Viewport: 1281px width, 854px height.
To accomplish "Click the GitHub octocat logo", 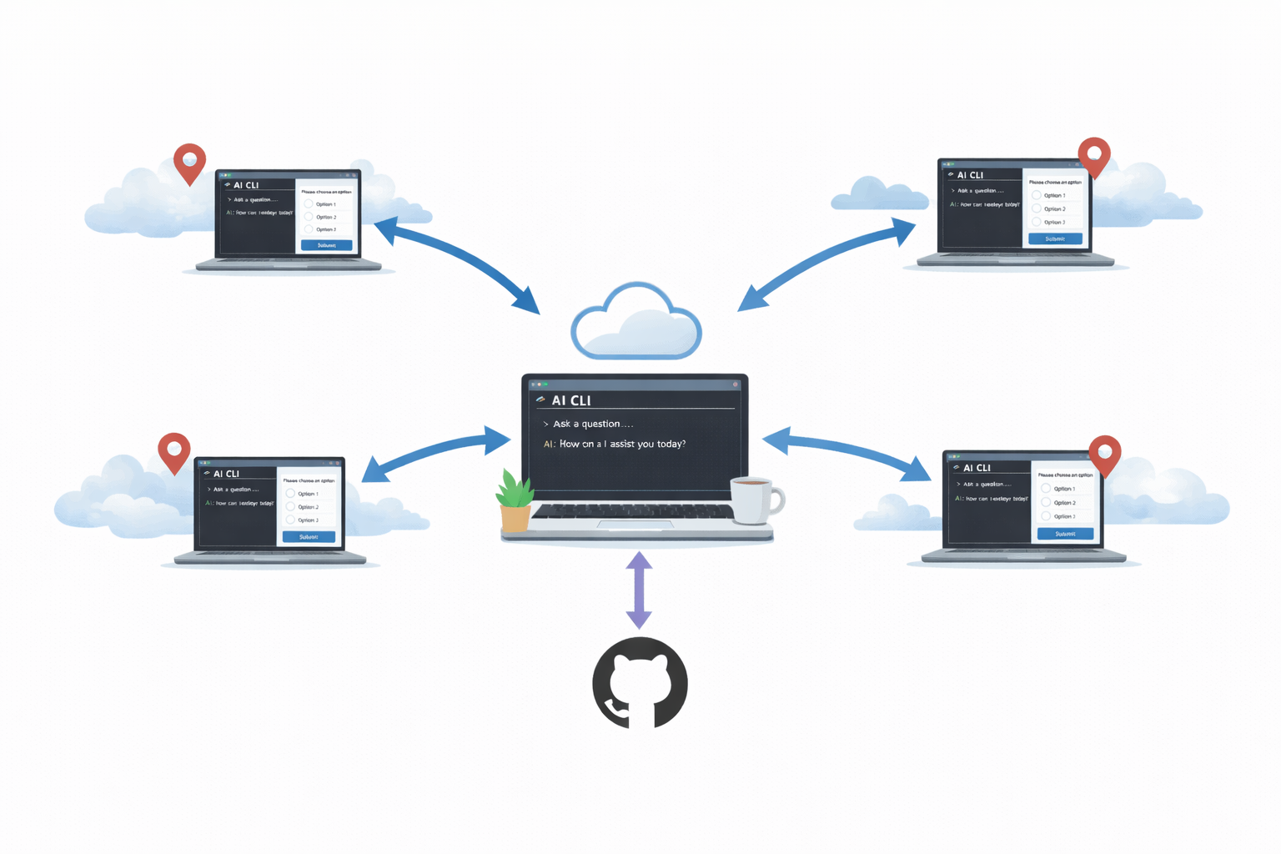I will click(x=640, y=683).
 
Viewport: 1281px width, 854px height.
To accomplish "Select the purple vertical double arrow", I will click(x=639, y=590).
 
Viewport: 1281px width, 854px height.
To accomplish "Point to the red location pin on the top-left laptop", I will click(x=189, y=161).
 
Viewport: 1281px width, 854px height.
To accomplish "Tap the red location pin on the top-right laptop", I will click(x=1093, y=155).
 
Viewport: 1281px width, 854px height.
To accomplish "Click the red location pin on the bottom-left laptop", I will click(x=174, y=450).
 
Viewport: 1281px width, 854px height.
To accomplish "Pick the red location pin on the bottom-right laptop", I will click(x=1104, y=453).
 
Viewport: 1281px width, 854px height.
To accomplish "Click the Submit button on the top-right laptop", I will click(x=1055, y=239).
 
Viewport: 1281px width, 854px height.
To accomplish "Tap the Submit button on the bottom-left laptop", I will click(x=309, y=537).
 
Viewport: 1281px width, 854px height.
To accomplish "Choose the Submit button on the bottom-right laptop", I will click(x=1065, y=534).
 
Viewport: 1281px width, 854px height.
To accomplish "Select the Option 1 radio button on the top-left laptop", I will click(x=309, y=204).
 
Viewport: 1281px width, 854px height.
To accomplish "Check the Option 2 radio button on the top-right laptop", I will click(x=1037, y=208).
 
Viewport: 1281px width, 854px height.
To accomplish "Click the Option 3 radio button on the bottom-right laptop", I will click(x=1046, y=516).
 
